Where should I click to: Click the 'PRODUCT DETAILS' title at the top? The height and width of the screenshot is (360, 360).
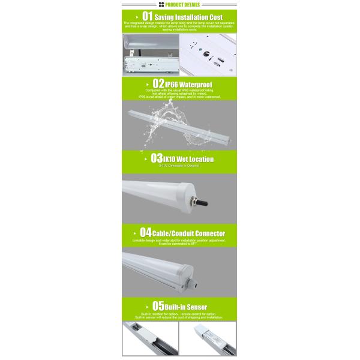tap(183, 4)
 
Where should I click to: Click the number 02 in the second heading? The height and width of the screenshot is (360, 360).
tap(158, 83)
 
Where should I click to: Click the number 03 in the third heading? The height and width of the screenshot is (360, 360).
tap(157, 158)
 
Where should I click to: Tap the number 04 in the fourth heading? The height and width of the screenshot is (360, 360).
tap(145, 232)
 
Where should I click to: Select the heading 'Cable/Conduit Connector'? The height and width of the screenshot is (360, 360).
tap(188, 233)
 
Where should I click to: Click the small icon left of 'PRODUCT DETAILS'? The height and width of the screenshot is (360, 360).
tap(161, 4)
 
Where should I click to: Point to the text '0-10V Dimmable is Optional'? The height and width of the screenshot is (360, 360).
tap(180, 166)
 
